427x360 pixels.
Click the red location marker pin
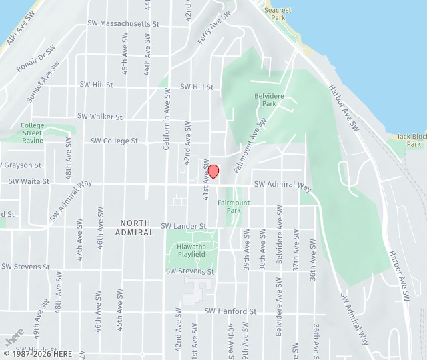point(213,171)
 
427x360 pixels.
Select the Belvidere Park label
point(265,99)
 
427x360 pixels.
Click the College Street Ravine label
point(32,133)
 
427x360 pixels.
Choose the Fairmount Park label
point(233,206)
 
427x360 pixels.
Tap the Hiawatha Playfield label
point(191,251)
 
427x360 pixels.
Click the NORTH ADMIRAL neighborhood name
point(134,227)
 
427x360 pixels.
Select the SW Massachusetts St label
point(123,23)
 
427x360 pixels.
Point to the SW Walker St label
point(100,116)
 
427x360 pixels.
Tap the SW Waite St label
point(29,181)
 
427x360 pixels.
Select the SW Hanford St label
point(230,311)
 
